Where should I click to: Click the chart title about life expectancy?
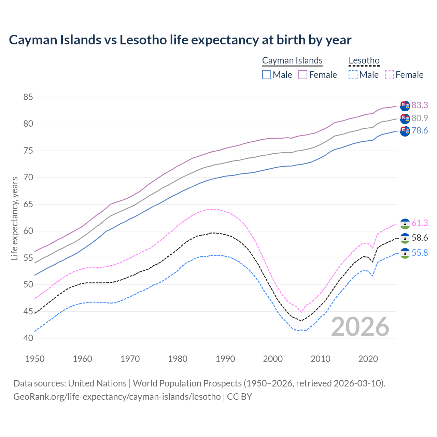point(180,40)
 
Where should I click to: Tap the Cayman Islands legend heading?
point(292,60)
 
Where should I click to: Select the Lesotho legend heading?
point(364,60)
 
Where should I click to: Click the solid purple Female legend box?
point(303,75)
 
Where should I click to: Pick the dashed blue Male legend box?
point(353,75)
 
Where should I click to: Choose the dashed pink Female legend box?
point(390,75)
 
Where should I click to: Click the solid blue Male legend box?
point(267,75)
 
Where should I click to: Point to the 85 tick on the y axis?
point(28,97)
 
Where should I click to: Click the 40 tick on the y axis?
point(28,338)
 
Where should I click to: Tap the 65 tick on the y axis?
point(28,205)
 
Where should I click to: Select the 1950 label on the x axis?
point(35,359)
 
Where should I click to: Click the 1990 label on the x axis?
point(225,359)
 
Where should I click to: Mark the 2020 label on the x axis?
point(368,359)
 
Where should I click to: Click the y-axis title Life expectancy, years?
point(14,218)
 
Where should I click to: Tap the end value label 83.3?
point(420,105)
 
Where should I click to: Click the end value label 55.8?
point(420,253)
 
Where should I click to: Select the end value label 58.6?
point(420,238)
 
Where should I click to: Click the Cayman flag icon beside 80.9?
point(405,119)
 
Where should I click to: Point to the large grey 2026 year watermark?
point(360,327)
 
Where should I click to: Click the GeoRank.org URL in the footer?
point(117,397)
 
